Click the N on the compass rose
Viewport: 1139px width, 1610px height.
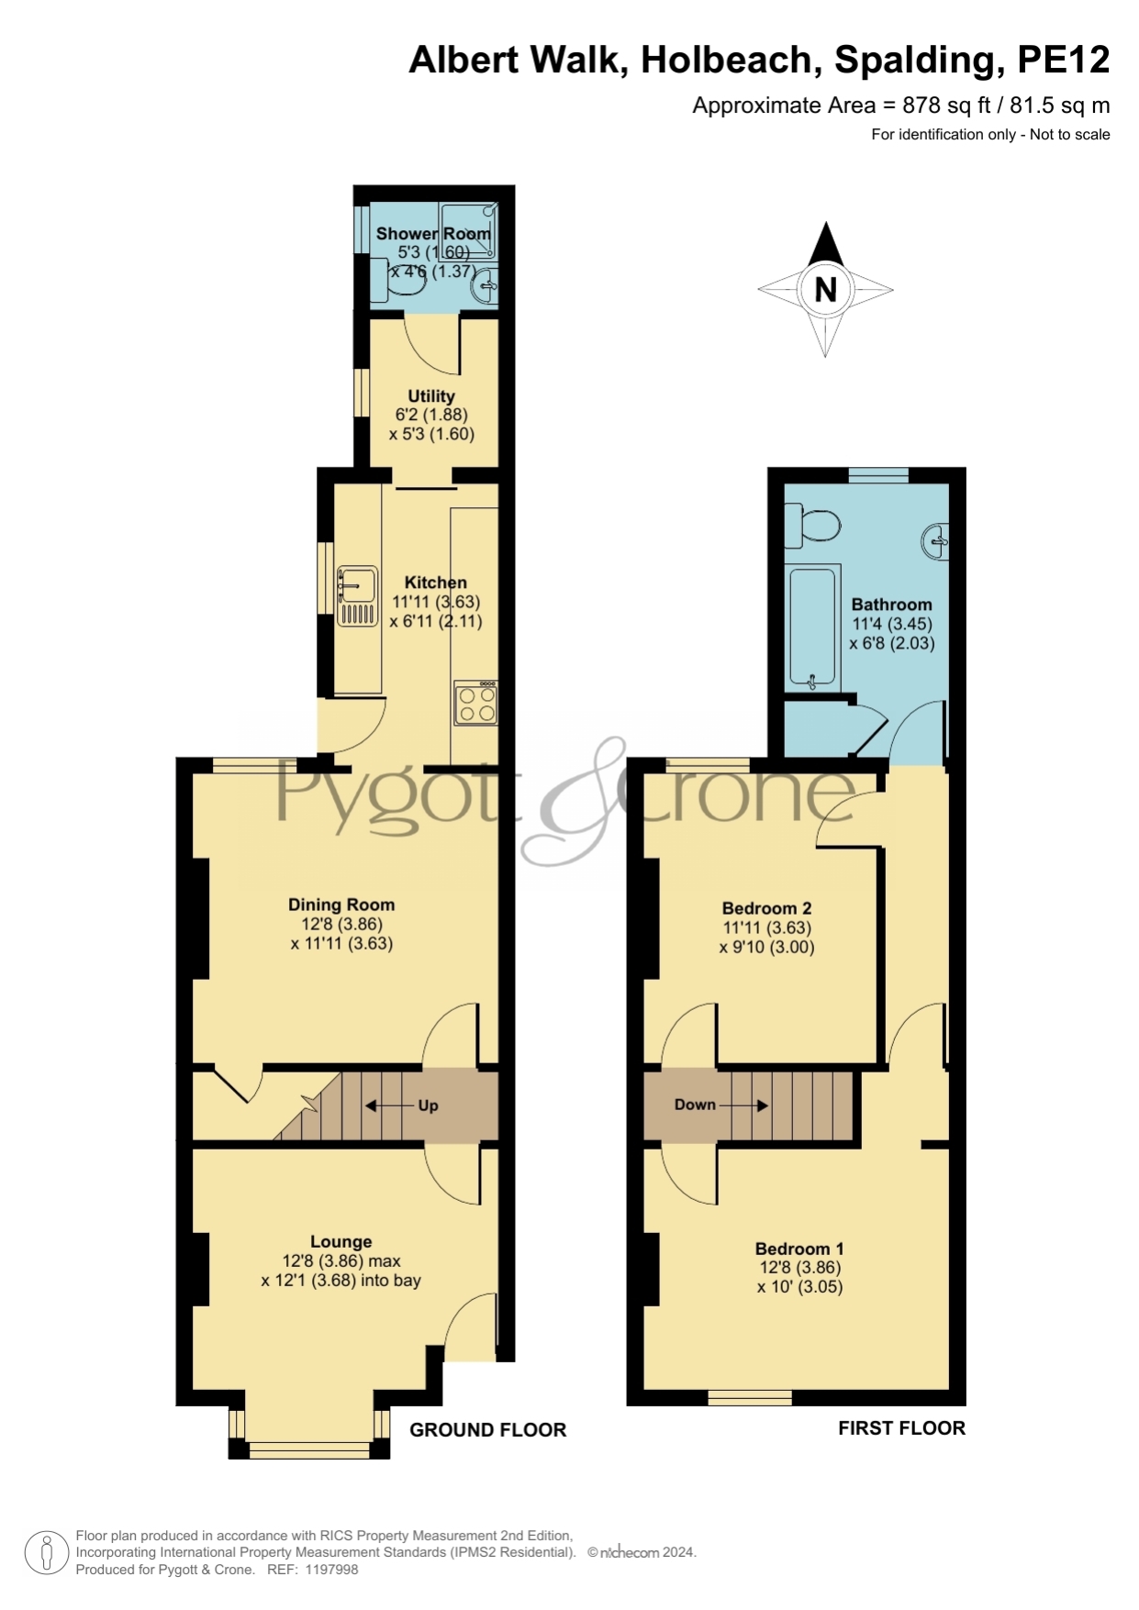point(826,290)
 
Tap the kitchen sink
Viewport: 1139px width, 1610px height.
point(357,596)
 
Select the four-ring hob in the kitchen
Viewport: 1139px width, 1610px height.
point(476,703)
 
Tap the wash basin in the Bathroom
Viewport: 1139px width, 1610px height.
point(935,539)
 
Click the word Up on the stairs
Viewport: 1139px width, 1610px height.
point(428,1105)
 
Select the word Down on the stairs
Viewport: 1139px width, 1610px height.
point(695,1105)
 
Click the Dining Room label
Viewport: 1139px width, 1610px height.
point(341,905)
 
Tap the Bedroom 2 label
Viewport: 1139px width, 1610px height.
point(766,908)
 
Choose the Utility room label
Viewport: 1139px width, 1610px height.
point(431,396)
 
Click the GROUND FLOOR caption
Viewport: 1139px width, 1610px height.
point(487,1429)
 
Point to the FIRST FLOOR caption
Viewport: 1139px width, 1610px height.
point(901,1427)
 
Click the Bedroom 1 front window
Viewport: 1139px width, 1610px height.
point(750,1397)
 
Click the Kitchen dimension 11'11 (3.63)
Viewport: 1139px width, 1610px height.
point(436,602)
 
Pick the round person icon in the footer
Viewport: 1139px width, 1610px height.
point(46,1553)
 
